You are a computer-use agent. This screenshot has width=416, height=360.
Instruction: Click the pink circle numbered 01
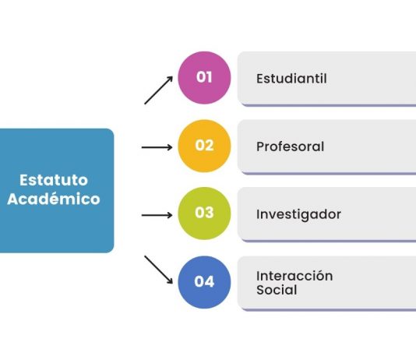click(x=204, y=78)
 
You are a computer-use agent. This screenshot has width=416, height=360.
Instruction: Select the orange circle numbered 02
click(x=204, y=146)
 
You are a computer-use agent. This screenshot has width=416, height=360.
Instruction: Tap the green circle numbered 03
click(x=204, y=214)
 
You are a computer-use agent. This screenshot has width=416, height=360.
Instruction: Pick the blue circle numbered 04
click(x=204, y=282)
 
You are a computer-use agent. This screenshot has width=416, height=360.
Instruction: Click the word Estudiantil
click(x=291, y=79)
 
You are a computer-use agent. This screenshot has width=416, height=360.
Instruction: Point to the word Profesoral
click(x=291, y=146)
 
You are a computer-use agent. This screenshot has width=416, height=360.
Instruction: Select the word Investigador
click(x=298, y=214)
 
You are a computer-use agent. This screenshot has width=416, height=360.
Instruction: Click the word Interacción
click(x=294, y=276)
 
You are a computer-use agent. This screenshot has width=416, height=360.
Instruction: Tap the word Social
click(x=277, y=290)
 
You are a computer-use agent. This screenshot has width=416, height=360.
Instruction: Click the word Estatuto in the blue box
click(x=54, y=180)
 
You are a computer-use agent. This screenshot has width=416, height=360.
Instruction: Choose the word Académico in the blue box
click(x=54, y=199)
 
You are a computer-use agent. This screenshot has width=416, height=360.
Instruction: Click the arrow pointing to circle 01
click(x=159, y=90)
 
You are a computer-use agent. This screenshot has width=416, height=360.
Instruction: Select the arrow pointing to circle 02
click(x=157, y=147)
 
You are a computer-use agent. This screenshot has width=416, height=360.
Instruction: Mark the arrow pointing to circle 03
click(x=157, y=215)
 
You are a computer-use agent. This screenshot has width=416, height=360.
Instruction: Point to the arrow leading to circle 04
click(x=159, y=270)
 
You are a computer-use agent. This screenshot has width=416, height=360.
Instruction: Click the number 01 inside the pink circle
click(x=204, y=77)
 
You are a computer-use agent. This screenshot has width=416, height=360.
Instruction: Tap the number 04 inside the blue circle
click(x=204, y=282)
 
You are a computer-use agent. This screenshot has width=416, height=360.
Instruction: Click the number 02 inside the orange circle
click(x=204, y=146)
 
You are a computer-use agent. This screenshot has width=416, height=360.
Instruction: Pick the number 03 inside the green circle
click(x=204, y=213)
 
